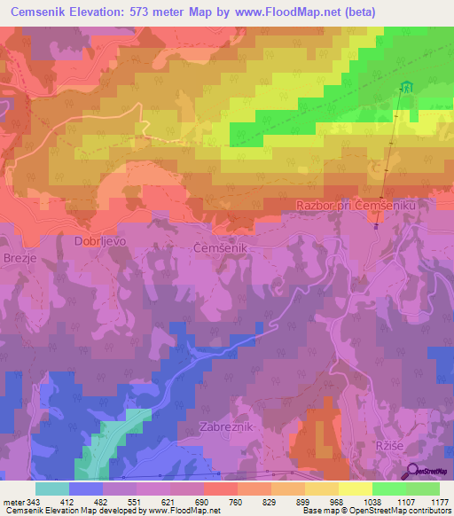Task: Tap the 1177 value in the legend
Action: pos(439,502)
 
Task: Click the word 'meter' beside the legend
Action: pos(13,502)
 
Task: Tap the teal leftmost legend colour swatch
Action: pos(52,489)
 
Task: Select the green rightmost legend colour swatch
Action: pos(422,489)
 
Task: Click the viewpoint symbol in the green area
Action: pos(407,87)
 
